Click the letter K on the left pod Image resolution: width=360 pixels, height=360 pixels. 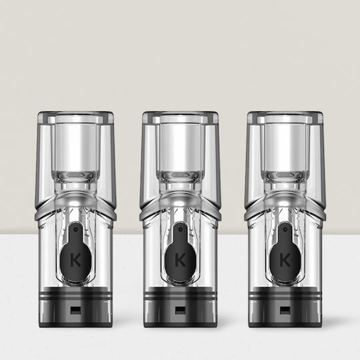click(75, 261)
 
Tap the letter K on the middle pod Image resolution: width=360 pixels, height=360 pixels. click(180, 261)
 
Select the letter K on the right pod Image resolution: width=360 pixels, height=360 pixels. click(285, 261)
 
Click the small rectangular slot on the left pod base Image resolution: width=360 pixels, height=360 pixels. click(75, 311)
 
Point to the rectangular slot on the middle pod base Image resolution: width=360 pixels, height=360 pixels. click(180, 311)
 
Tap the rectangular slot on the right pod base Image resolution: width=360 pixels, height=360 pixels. click(285, 311)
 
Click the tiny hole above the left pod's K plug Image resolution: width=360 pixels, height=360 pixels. click(75, 229)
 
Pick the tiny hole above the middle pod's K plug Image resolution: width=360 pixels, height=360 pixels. click(180, 229)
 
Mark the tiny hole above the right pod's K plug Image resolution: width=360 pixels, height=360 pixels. click(285, 229)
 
